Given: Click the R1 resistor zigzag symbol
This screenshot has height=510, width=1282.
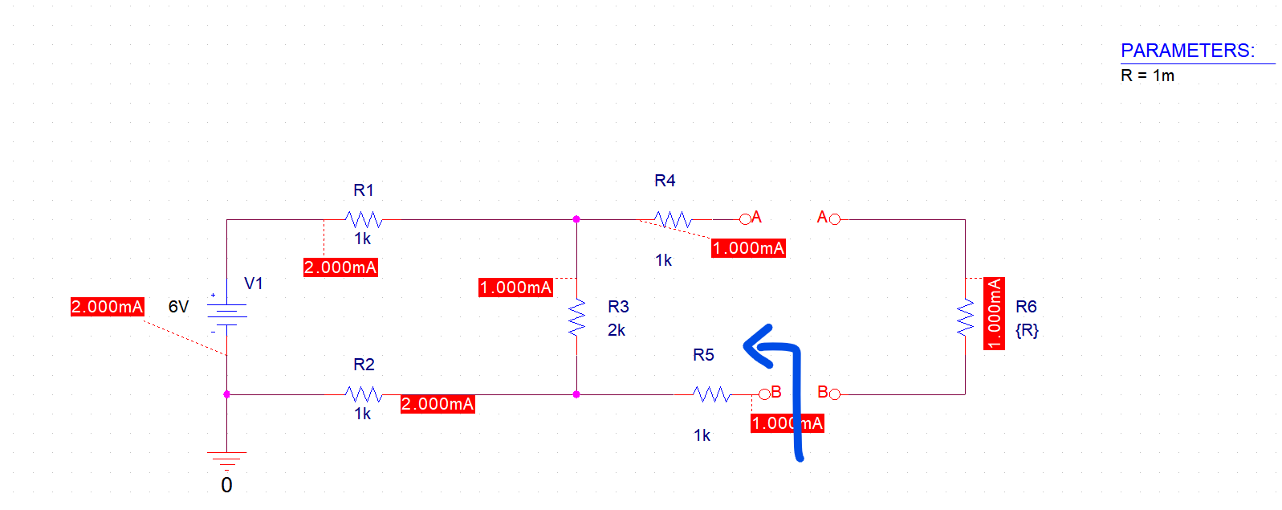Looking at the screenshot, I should (364, 219).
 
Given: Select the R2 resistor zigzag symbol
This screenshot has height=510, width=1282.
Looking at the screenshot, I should (364, 394).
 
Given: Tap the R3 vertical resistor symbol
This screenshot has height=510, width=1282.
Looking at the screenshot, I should (576, 317).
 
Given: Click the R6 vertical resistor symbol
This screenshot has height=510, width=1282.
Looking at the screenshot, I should (965, 317).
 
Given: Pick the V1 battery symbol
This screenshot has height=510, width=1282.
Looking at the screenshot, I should (227, 314).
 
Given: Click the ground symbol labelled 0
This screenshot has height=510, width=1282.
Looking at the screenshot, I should (227, 460).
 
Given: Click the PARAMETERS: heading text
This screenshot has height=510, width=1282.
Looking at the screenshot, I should (1187, 51).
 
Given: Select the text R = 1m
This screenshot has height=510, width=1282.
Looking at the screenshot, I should (1147, 75).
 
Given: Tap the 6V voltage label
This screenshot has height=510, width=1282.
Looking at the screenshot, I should (178, 307).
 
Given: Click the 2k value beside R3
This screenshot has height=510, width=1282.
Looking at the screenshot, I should (617, 330).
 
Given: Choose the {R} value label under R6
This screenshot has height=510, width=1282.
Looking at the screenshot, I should (1027, 330).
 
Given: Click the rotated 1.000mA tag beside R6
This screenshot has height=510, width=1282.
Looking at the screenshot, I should (995, 313).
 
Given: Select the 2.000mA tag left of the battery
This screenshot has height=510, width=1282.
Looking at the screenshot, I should (107, 307).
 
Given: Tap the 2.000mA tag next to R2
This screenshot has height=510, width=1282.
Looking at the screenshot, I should (438, 404).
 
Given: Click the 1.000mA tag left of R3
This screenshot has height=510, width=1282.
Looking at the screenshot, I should (515, 288).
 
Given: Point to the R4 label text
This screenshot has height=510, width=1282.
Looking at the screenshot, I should (665, 181).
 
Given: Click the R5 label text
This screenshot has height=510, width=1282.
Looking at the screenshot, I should (703, 355).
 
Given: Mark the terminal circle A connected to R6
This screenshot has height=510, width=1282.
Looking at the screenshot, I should (835, 218).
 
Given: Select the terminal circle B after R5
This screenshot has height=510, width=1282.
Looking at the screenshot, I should (764, 394).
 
